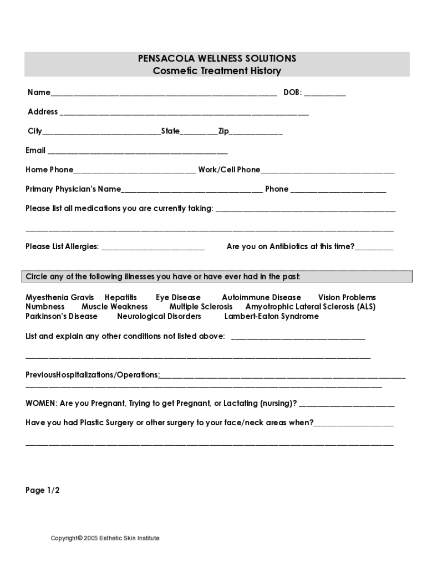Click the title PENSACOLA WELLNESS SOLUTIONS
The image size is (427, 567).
[x=217, y=58]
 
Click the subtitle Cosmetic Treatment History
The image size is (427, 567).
[x=217, y=71]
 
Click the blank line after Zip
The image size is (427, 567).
[x=256, y=133]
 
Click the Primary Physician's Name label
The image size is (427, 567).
[x=73, y=189]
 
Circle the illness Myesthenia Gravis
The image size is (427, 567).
[x=60, y=297]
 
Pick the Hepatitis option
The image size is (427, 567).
[x=120, y=297]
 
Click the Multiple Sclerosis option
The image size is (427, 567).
[x=201, y=306]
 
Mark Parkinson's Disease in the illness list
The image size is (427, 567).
[x=62, y=316]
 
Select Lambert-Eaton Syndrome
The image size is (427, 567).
[x=271, y=316]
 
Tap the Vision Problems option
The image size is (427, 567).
[x=347, y=297]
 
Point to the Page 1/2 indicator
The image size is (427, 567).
[x=43, y=490]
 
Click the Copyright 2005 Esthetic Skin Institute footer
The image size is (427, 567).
[x=105, y=538]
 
